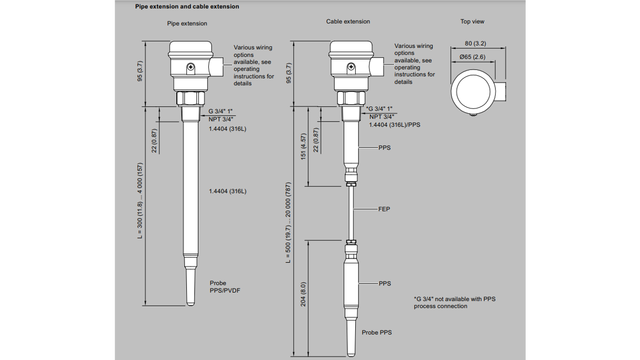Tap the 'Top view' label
point(472,22)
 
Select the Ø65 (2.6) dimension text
point(472,57)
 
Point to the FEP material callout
point(384,209)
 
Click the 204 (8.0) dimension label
point(303,295)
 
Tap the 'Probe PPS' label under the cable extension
point(376,333)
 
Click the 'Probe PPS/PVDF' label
point(225,287)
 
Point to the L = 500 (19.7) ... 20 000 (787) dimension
point(288,223)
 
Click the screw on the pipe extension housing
point(190,67)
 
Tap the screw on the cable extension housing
point(351,67)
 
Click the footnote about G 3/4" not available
point(454,303)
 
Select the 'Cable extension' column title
point(348,22)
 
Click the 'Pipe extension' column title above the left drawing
point(187,24)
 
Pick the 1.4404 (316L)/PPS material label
point(394,125)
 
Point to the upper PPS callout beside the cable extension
point(384,148)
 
